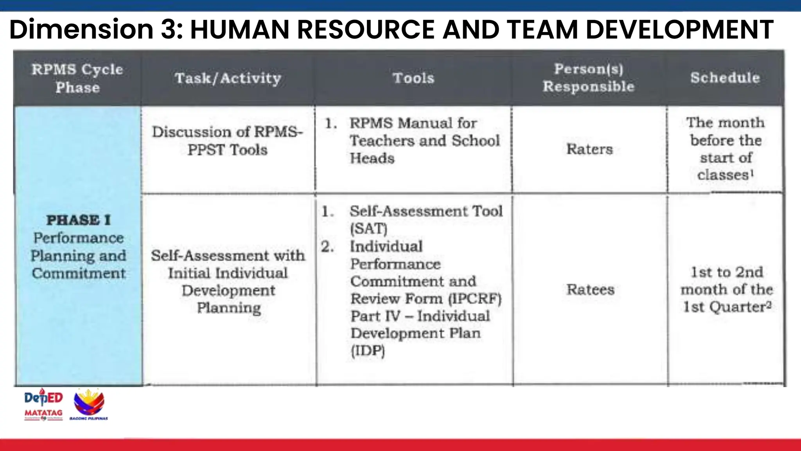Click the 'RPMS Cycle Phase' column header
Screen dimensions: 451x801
(77, 78)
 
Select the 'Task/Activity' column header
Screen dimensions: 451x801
(228, 78)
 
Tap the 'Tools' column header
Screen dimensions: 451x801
(413, 78)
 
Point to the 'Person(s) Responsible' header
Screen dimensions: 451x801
(589, 78)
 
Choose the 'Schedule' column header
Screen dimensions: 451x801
(725, 78)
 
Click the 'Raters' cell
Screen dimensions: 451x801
(590, 149)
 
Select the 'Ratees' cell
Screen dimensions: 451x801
(591, 290)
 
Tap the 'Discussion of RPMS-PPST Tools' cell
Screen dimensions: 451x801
(228, 141)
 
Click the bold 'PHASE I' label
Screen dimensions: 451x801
(79, 220)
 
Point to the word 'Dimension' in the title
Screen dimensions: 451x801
(81, 29)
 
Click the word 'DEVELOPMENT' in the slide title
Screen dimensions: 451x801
(679, 29)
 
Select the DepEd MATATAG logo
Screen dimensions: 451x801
(43, 404)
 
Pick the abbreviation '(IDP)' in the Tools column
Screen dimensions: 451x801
(368, 351)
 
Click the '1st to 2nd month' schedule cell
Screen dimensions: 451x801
(727, 289)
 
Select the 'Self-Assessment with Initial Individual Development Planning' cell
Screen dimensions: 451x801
(228, 281)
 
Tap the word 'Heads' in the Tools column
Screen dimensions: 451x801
(372, 158)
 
